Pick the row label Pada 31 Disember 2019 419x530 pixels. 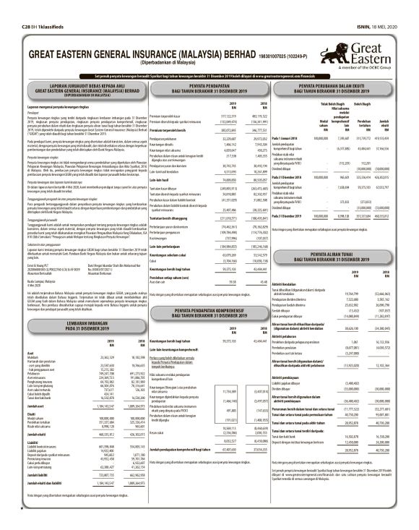[287, 195]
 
